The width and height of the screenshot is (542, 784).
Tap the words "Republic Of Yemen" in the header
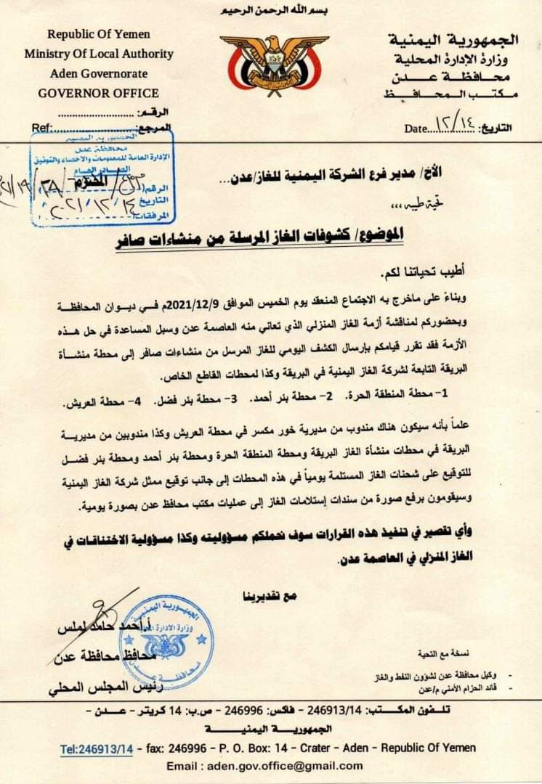(99, 34)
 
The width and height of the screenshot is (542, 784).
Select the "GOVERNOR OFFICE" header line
(99, 93)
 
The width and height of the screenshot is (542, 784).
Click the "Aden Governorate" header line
(99, 73)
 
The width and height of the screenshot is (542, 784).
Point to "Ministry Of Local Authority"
(99, 54)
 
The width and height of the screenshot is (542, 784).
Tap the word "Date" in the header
(416, 128)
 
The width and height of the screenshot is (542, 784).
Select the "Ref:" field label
(41, 128)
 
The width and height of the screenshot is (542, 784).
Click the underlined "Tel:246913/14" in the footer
(97, 748)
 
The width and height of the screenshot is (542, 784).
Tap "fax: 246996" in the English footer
(176, 748)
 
